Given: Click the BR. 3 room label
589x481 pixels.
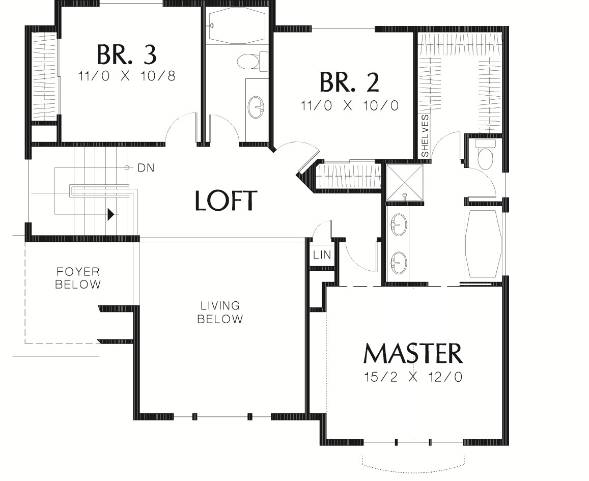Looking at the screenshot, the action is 127,55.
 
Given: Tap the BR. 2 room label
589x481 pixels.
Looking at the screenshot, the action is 349,82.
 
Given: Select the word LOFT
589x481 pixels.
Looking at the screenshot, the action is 226,201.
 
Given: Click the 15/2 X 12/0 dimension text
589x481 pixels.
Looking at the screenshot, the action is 413,377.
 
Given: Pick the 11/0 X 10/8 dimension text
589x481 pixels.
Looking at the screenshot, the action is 127,76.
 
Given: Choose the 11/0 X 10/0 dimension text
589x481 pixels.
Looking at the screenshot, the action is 349,105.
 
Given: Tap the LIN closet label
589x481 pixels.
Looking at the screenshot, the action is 322,255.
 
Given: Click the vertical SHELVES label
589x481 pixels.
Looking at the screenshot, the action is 425,136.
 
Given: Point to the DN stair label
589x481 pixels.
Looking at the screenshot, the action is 146,168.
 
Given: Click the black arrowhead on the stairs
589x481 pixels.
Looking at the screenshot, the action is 111,214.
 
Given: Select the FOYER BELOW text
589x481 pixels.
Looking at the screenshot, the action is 78,278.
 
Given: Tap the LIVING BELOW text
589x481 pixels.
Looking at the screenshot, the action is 220,313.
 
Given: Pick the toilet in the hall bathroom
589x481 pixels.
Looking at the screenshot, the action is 252,61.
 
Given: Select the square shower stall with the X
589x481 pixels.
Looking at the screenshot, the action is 405,183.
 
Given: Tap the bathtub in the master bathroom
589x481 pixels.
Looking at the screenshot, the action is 484,244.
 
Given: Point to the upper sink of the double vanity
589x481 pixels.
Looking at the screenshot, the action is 399,224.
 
